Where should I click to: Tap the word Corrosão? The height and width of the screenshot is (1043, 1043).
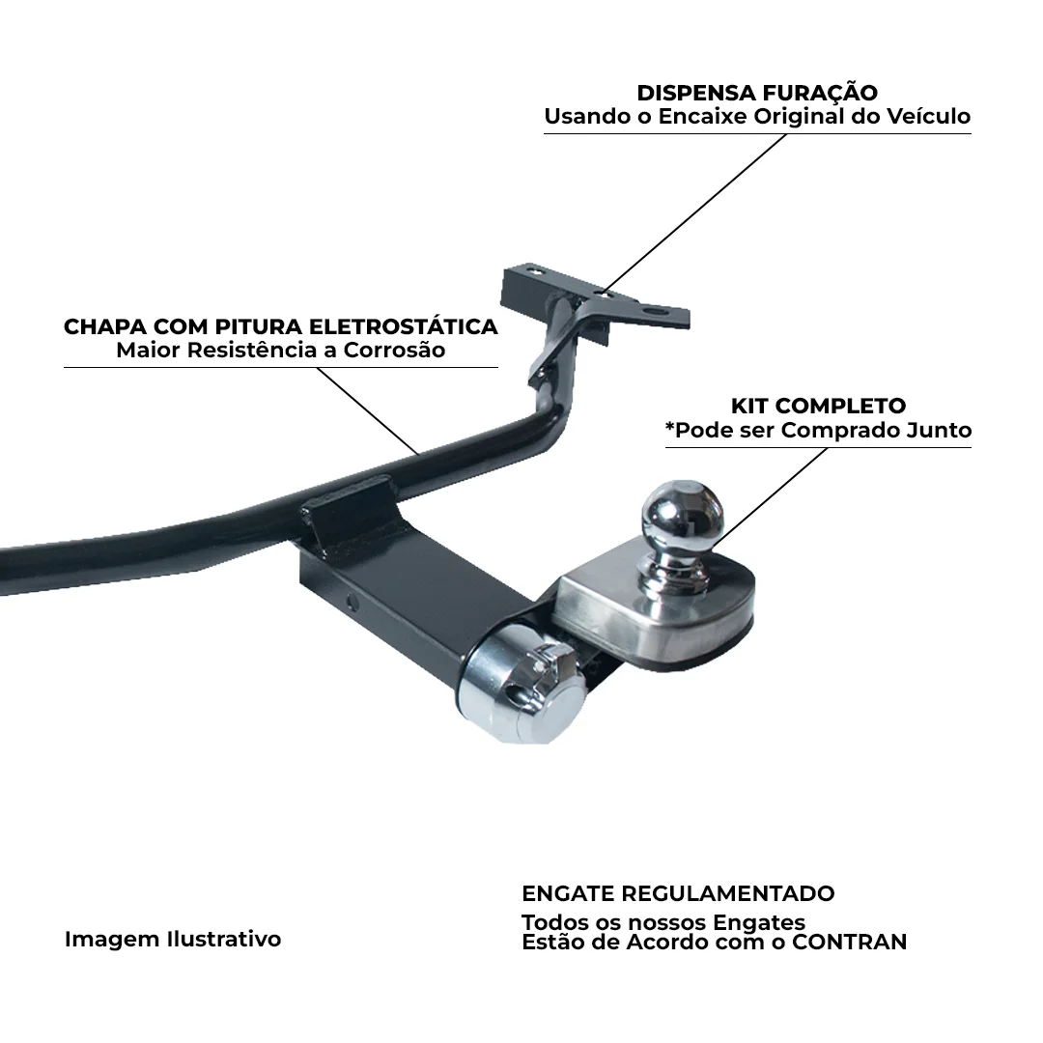pyautogui.click(x=394, y=350)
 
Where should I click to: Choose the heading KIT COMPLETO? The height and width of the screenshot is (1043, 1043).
pyautogui.click(x=818, y=406)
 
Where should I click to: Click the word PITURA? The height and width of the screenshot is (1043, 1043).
pyautogui.click(x=262, y=326)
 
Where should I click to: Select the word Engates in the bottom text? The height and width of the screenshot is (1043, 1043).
pyautogui.click(x=759, y=923)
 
